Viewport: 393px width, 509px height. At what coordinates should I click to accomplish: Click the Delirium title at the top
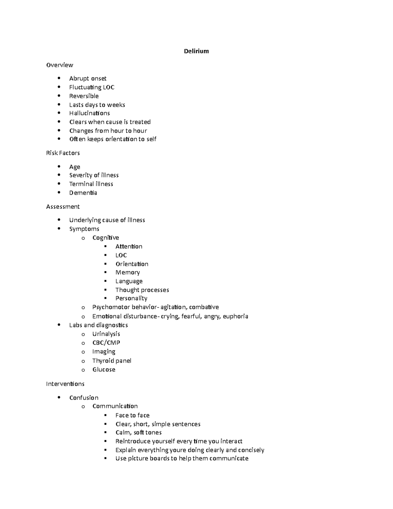196,51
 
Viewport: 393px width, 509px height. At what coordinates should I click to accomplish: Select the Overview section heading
60,65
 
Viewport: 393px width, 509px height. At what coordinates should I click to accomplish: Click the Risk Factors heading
63,153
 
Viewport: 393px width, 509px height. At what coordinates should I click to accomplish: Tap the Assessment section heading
63,206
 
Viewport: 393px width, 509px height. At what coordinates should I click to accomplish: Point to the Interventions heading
65,384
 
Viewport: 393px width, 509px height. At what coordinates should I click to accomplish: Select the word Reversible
84,96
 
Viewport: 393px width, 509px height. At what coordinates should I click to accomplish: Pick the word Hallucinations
89,113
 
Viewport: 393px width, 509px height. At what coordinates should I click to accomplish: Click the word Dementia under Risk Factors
83,193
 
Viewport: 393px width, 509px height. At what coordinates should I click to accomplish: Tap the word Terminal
79,184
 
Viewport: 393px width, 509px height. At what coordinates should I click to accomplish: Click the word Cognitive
105,238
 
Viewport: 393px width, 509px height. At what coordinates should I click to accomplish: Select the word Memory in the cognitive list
127,272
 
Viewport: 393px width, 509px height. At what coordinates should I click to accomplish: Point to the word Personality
131,298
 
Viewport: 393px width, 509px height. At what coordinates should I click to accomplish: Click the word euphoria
235,316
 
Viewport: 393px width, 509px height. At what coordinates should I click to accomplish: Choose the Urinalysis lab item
106,334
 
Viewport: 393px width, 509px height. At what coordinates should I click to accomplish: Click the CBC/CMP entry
106,343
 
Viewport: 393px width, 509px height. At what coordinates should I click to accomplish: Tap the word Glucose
104,369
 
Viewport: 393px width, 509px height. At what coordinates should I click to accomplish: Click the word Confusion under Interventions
84,398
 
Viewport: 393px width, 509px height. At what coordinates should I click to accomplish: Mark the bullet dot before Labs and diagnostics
59,325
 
